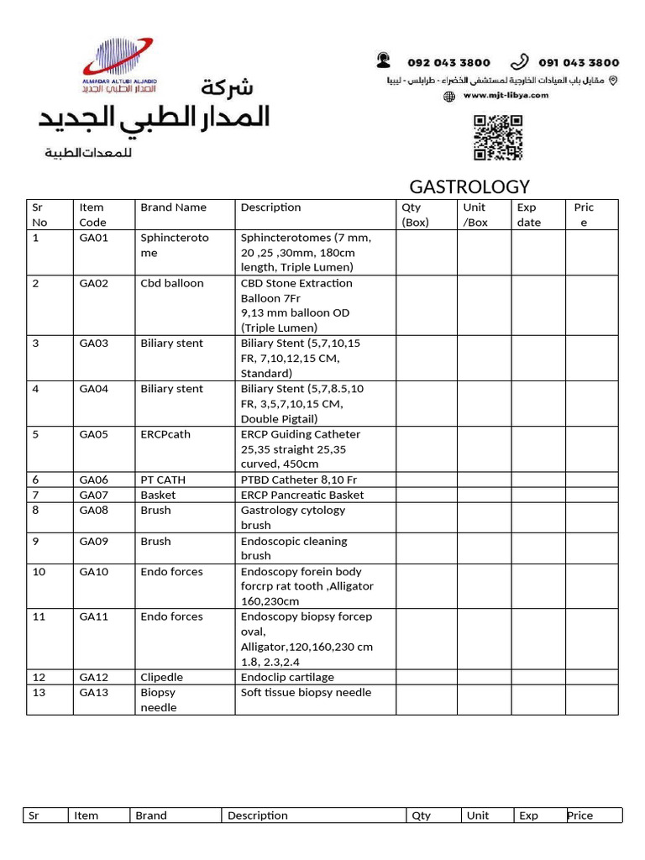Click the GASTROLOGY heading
coord(469,186)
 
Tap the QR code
coord(498,137)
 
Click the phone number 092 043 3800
coord(448,63)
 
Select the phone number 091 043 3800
coord(579,63)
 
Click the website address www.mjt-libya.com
coord(506,96)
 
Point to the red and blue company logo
coord(118,64)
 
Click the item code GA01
coord(94,238)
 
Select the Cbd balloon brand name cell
coord(172,283)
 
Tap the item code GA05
coord(94,434)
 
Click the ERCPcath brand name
coord(165,434)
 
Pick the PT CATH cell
coord(163,480)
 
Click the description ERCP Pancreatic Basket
coord(302,495)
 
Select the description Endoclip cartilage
coord(287,677)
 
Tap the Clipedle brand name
coord(162,677)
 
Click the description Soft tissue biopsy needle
coord(306,692)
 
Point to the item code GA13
coord(94,692)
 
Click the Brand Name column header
coord(173,207)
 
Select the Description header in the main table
coord(270,207)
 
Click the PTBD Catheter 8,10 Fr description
coord(299,480)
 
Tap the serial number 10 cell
coord(39,571)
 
